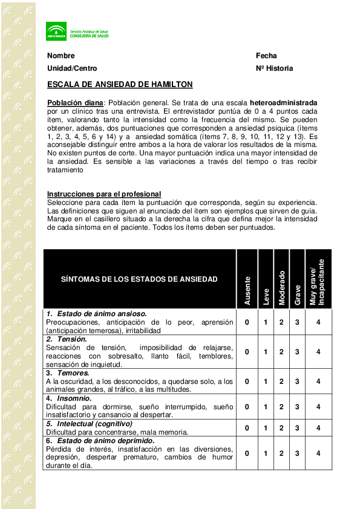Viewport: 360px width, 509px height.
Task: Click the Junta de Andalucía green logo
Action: click(56, 31)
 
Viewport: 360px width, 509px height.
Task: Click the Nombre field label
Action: click(61, 56)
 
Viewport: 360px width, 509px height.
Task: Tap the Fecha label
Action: click(266, 56)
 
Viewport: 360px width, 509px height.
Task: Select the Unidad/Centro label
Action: click(72, 68)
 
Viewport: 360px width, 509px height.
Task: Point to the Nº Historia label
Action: click(274, 68)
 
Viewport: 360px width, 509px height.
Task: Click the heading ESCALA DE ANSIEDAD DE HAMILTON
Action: click(120, 84)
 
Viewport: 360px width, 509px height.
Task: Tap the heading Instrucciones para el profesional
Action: click(104, 193)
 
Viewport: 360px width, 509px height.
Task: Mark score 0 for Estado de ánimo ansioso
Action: click(247, 322)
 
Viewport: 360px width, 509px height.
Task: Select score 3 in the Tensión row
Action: click(297, 352)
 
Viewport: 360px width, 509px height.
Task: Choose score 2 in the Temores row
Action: click(281, 381)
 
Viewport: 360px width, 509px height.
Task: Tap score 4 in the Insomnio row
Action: click(318, 407)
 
